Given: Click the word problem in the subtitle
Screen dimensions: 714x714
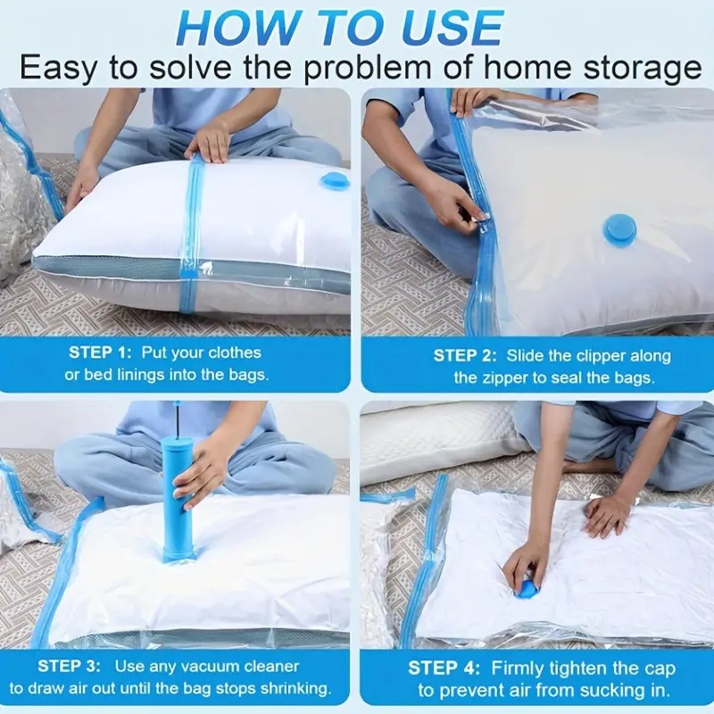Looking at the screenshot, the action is tap(367, 69).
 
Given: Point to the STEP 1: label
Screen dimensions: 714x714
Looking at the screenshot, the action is tap(100, 353).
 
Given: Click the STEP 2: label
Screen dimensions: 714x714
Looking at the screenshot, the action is tap(465, 355).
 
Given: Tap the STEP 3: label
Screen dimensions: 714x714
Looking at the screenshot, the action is tap(69, 666).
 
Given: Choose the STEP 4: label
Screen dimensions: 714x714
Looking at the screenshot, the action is tap(444, 668).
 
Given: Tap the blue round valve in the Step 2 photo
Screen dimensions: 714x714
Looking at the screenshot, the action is tap(621, 228).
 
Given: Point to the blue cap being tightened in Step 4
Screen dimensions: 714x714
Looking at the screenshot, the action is tap(527, 586).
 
